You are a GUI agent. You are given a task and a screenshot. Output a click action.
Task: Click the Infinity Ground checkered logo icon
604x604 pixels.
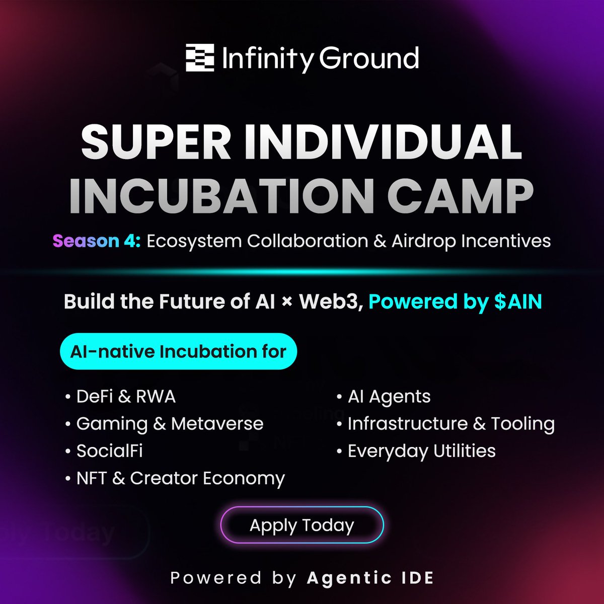click(200, 58)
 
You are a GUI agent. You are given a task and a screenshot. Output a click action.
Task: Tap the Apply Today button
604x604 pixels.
click(302, 524)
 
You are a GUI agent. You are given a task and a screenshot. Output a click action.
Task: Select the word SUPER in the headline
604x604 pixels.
click(156, 142)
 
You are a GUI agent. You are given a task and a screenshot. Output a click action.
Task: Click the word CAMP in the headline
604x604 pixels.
click(460, 196)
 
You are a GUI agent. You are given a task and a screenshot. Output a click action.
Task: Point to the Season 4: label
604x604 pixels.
click(97, 241)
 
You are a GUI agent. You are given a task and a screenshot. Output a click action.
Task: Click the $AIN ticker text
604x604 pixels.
click(518, 301)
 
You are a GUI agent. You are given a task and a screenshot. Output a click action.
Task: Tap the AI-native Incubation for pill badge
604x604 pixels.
click(178, 351)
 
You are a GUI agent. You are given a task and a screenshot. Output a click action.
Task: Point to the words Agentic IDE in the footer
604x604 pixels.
click(370, 577)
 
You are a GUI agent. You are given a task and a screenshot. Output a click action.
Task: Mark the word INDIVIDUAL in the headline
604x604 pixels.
click(383, 142)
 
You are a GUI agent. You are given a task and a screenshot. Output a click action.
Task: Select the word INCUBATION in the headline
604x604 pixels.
click(221, 196)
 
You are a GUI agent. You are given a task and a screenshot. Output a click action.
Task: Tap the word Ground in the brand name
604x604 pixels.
click(368, 58)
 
